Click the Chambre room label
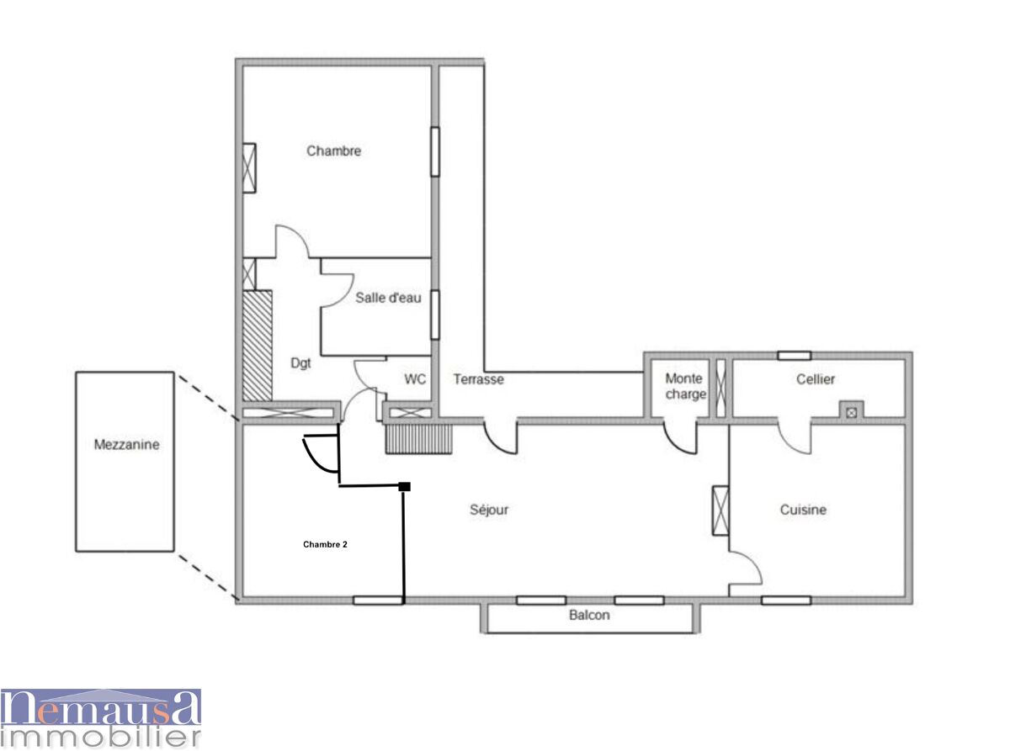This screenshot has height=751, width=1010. [x=334, y=151]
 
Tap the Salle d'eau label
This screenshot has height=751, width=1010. [x=388, y=298]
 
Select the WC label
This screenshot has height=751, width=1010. [x=415, y=378]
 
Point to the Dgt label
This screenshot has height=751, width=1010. [x=300, y=363]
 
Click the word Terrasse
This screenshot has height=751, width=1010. [x=479, y=379]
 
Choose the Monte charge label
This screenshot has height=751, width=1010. [x=686, y=386]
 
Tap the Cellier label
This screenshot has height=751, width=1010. [x=816, y=378]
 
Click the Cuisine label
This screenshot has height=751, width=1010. [x=803, y=510]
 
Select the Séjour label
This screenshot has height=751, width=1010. [x=489, y=510]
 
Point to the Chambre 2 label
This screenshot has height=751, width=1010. [x=325, y=544]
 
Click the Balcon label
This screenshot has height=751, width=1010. [x=589, y=615]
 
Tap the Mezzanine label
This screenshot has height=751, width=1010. [x=126, y=444]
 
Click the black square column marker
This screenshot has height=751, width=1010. [x=404, y=487]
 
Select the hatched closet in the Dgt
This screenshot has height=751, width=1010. [x=258, y=346]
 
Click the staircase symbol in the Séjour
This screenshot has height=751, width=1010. [x=419, y=439]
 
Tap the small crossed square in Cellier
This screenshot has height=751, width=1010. [x=852, y=413]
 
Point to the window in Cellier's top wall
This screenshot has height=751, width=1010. [x=795, y=356]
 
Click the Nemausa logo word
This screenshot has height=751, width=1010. [x=101, y=708]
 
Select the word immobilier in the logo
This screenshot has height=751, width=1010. [x=101, y=738]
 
